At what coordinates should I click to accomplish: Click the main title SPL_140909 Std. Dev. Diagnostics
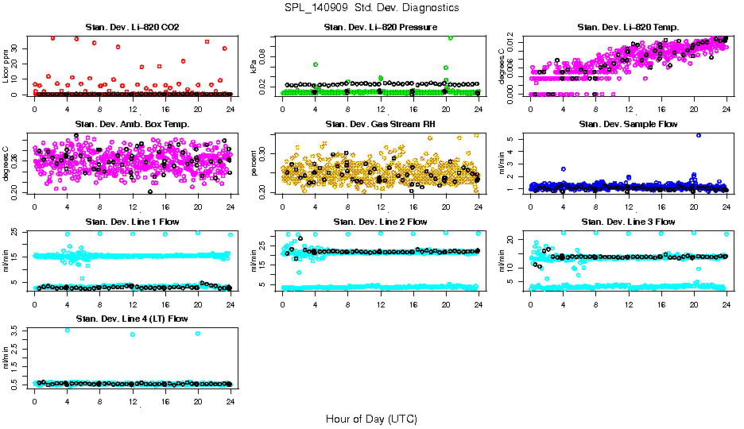[371, 8]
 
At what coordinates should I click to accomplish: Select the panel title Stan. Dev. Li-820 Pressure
[380, 28]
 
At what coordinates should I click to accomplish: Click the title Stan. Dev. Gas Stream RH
[380, 125]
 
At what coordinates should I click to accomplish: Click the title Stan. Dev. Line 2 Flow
[380, 222]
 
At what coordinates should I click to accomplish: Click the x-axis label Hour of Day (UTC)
[371, 419]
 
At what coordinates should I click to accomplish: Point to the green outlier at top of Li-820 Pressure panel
[451, 37]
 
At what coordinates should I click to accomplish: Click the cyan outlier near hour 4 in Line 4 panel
[67, 330]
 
